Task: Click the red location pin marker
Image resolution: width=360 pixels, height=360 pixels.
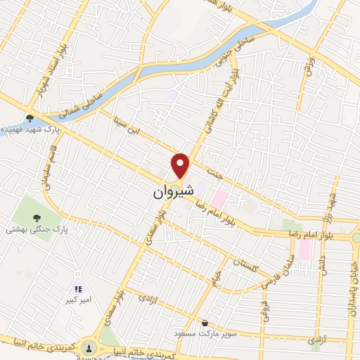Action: click(181, 165)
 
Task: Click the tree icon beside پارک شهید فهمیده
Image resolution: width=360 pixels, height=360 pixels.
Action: click(30, 118)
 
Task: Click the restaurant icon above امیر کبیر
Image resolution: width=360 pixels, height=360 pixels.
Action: click(78, 289)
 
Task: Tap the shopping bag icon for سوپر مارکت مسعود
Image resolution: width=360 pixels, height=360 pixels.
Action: click(204, 323)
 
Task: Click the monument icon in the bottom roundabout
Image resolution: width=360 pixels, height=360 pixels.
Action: click(89, 347)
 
